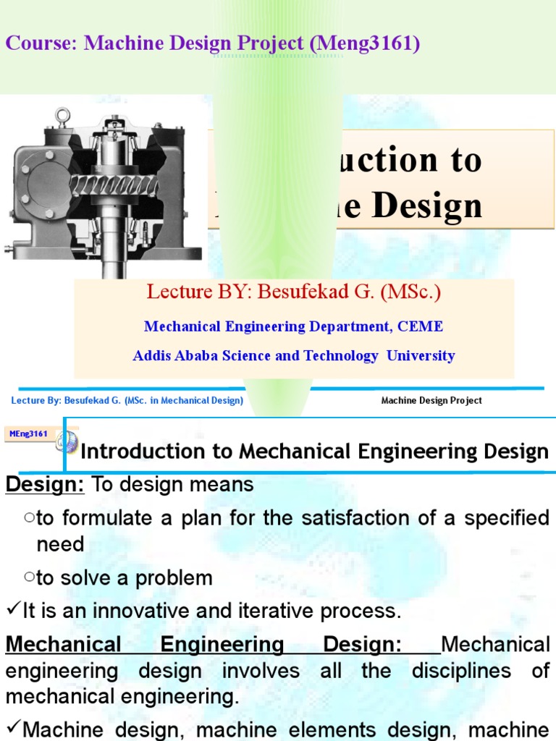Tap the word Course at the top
(41, 43)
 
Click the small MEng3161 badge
(28, 434)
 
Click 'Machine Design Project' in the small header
(431, 400)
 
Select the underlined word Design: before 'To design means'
(45, 485)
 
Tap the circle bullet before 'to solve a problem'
(29, 577)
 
